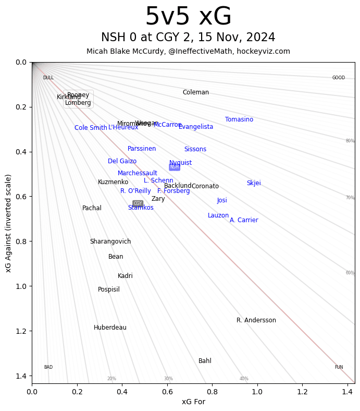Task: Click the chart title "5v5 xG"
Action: click(188, 17)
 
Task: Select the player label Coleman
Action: click(196, 92)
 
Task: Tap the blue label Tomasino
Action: click(239, 119)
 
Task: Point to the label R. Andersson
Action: click(256, 320)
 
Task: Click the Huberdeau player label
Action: click(110, 328)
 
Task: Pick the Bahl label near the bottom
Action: click(205, 361)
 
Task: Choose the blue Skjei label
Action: click(254, 183)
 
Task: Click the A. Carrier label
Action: click(244, 220)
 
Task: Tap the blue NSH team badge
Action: click(175, 167)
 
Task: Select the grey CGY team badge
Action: click(138, 203)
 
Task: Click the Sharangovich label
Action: click(110, 241)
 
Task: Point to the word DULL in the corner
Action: click(48, 78)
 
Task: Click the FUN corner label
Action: click(339, 367)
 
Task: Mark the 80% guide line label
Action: click(350, 141)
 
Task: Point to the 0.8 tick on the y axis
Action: click(21, 241)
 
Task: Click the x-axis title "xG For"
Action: click(193, 402)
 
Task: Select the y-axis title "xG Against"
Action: click(8, 223)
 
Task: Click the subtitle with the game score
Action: click(188, 38)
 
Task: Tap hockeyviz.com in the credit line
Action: click(263, 51)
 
